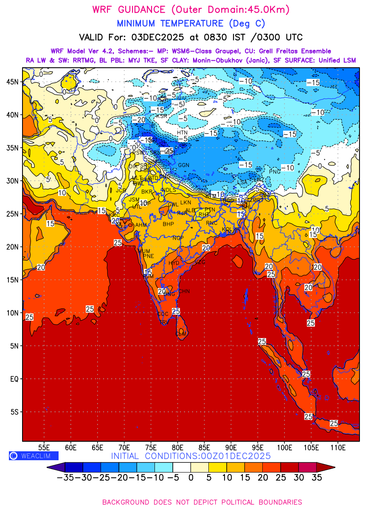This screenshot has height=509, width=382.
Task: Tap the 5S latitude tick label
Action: (14, 412)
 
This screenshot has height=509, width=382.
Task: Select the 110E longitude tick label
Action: (338, 447)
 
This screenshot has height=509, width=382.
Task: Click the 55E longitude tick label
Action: (44, 447)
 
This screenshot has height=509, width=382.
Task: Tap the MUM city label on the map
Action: (144, 251)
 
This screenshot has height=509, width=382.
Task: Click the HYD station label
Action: (174, 263)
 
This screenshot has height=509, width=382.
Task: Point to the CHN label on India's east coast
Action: (184, 291)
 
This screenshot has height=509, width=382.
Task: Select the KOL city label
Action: (228, 229)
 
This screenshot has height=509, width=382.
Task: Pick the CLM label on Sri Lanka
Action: (181, 334)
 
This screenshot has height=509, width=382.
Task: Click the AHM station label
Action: (141, 225)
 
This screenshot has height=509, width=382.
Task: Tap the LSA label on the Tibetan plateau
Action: (242, 182)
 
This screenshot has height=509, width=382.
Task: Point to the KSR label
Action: (162, 116)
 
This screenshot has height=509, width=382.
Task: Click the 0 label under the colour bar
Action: (191, 478)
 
